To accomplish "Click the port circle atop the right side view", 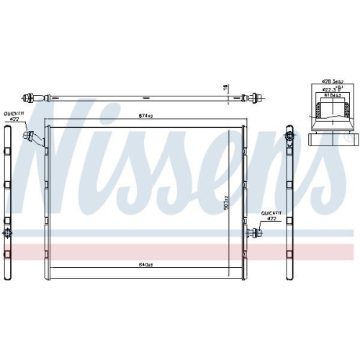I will coord(289,136).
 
